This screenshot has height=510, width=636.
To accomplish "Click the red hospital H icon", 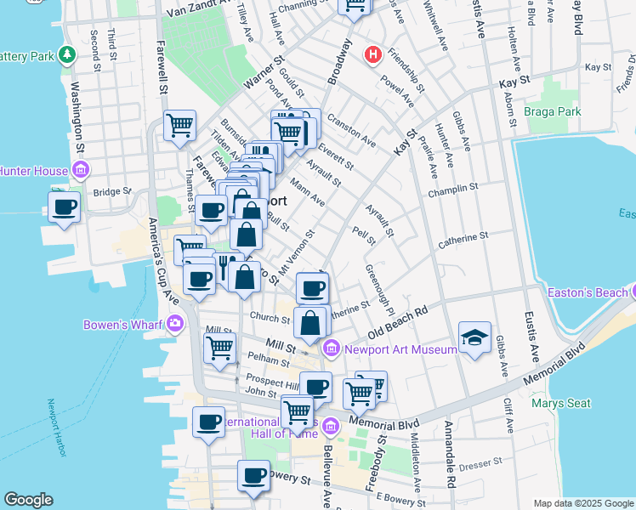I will click(x=372, y=55).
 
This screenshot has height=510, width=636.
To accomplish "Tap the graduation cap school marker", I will click(x=474, y=337).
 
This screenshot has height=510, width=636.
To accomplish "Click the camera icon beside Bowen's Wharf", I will click(x=175, y=324).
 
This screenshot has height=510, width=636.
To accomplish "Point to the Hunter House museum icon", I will click(x=80, y=171).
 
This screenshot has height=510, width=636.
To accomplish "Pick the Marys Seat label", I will click(x=560, y=403).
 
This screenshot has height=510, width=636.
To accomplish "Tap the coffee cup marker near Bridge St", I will click(x=65, y=207).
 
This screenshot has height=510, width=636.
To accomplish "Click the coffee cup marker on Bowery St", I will click(x=253, y=476).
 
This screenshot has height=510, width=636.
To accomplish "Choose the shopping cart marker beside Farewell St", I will click(x=180, y=127).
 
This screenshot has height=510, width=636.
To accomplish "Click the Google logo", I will click(x=28, y=500).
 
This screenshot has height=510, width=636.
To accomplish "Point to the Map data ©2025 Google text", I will click(x=582, y=503).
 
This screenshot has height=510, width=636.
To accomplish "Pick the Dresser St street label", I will click(x=474, y=466).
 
